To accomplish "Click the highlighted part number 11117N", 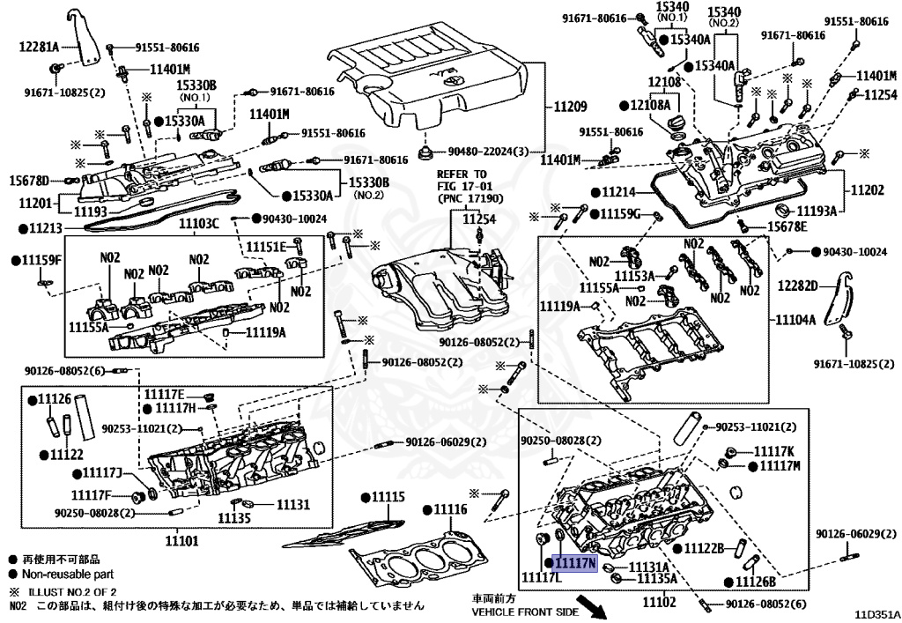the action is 574,563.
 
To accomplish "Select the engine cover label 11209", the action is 570,107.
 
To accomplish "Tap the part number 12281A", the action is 39,47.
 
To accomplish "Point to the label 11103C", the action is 198,223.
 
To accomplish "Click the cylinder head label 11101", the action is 181,541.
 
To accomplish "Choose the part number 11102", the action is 659,602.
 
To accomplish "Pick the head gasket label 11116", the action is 450,509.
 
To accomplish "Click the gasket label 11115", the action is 388,496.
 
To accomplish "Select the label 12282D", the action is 797,286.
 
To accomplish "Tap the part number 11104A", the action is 795,320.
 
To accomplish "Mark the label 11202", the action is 867,189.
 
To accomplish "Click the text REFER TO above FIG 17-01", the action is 462,174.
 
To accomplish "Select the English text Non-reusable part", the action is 68,575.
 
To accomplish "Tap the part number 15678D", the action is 29,181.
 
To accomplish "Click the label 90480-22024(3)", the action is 488,152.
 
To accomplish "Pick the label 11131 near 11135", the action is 293,505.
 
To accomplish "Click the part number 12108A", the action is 650,105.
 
